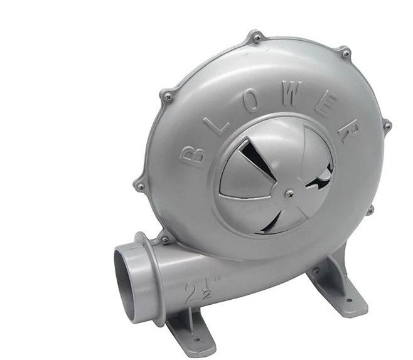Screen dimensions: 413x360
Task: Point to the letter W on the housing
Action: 292,94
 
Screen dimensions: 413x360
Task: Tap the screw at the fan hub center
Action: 290,194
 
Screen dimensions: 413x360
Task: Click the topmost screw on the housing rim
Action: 257,38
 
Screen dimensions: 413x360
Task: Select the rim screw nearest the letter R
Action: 387,126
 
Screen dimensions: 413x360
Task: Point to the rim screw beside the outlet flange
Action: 164,240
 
